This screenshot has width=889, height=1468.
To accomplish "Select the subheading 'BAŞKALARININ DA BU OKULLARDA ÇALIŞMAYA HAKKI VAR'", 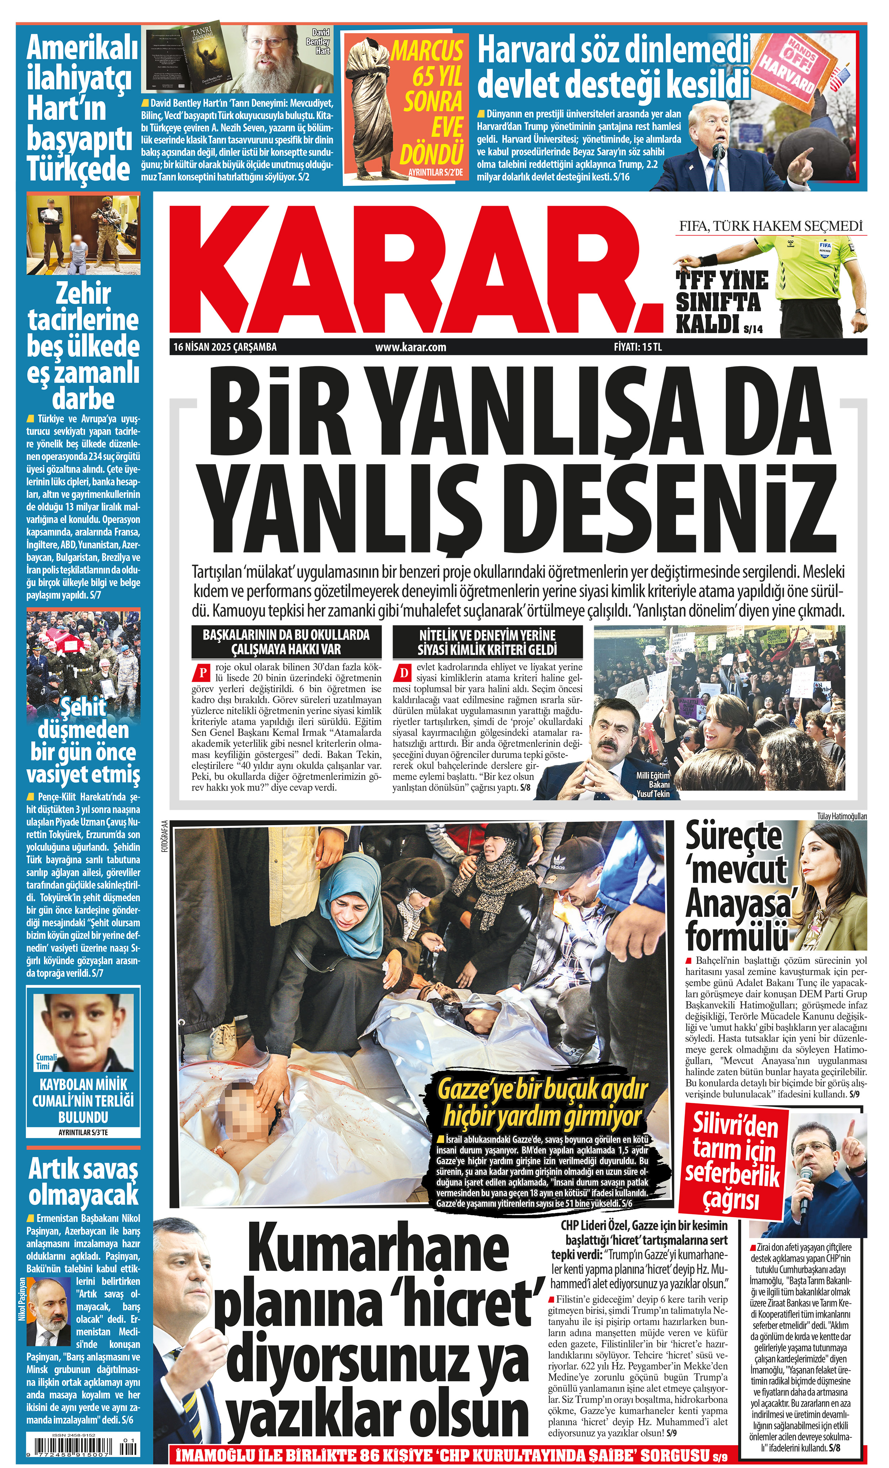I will (x=286, y=642).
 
